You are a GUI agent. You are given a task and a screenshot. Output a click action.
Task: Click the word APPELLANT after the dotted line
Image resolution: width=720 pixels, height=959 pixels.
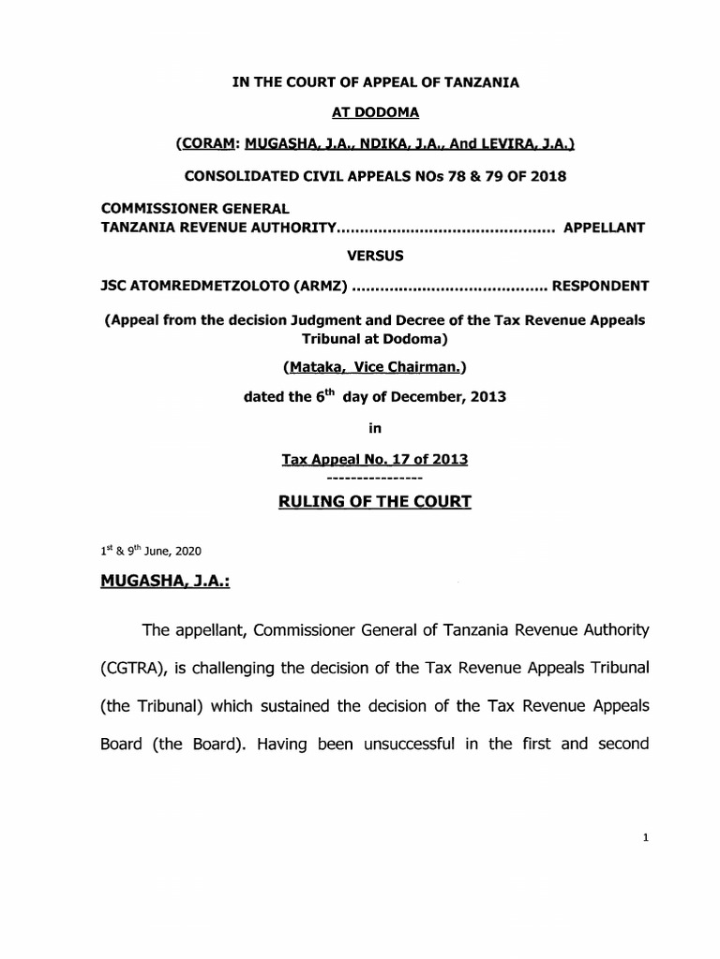[603, 228]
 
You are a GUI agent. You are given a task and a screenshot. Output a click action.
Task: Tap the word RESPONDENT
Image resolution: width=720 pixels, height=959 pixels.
[599, 285]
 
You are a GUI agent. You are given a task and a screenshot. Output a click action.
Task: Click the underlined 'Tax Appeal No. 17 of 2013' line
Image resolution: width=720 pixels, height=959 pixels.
[374, 459]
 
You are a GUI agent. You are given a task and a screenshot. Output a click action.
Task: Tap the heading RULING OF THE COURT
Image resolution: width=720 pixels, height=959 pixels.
[374, 502]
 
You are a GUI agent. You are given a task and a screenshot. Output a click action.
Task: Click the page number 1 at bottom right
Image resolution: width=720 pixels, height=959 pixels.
[646, 839]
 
